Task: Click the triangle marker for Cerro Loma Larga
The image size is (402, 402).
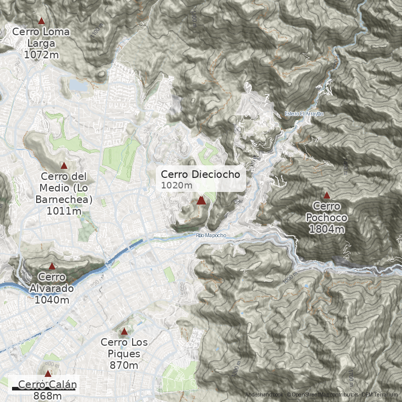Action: click(41, 21)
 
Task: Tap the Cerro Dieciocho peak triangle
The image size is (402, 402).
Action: click(201, 200)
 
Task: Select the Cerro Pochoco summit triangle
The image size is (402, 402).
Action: click(327, 195)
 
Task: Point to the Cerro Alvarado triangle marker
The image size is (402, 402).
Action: click(52, 266)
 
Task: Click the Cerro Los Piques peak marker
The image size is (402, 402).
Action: click(124, 331)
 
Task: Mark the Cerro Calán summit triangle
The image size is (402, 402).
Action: click(48, 373)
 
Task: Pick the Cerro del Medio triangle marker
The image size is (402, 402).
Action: click(64, 165)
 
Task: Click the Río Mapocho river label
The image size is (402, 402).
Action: click(212, 235)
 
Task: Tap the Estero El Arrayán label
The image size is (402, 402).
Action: click(304, 114)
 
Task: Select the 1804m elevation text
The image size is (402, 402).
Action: click(327, 229)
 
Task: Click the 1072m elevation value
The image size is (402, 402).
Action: click(41, 54)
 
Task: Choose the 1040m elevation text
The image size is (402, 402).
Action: click(52, 299)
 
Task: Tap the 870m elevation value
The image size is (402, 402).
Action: click(124, 365)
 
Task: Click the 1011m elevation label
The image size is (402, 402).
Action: click(64, 211)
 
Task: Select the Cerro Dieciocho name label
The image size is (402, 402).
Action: click(204, 174)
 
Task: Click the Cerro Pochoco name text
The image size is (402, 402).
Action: click(327, 212)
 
